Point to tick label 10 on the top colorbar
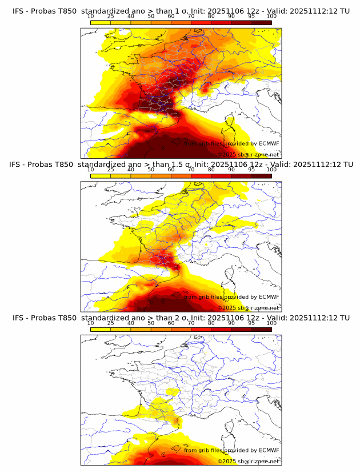click(91, 16)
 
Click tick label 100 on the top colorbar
click(271, 16)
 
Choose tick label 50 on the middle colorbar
click(151, 170)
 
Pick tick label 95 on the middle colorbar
click(251, 170)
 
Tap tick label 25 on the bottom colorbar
click(111, 323)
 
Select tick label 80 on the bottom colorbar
click(211, 323)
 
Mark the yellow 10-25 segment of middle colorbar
click(101, 175)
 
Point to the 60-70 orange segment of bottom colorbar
click(181, 328)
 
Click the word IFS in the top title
click(18, 11)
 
